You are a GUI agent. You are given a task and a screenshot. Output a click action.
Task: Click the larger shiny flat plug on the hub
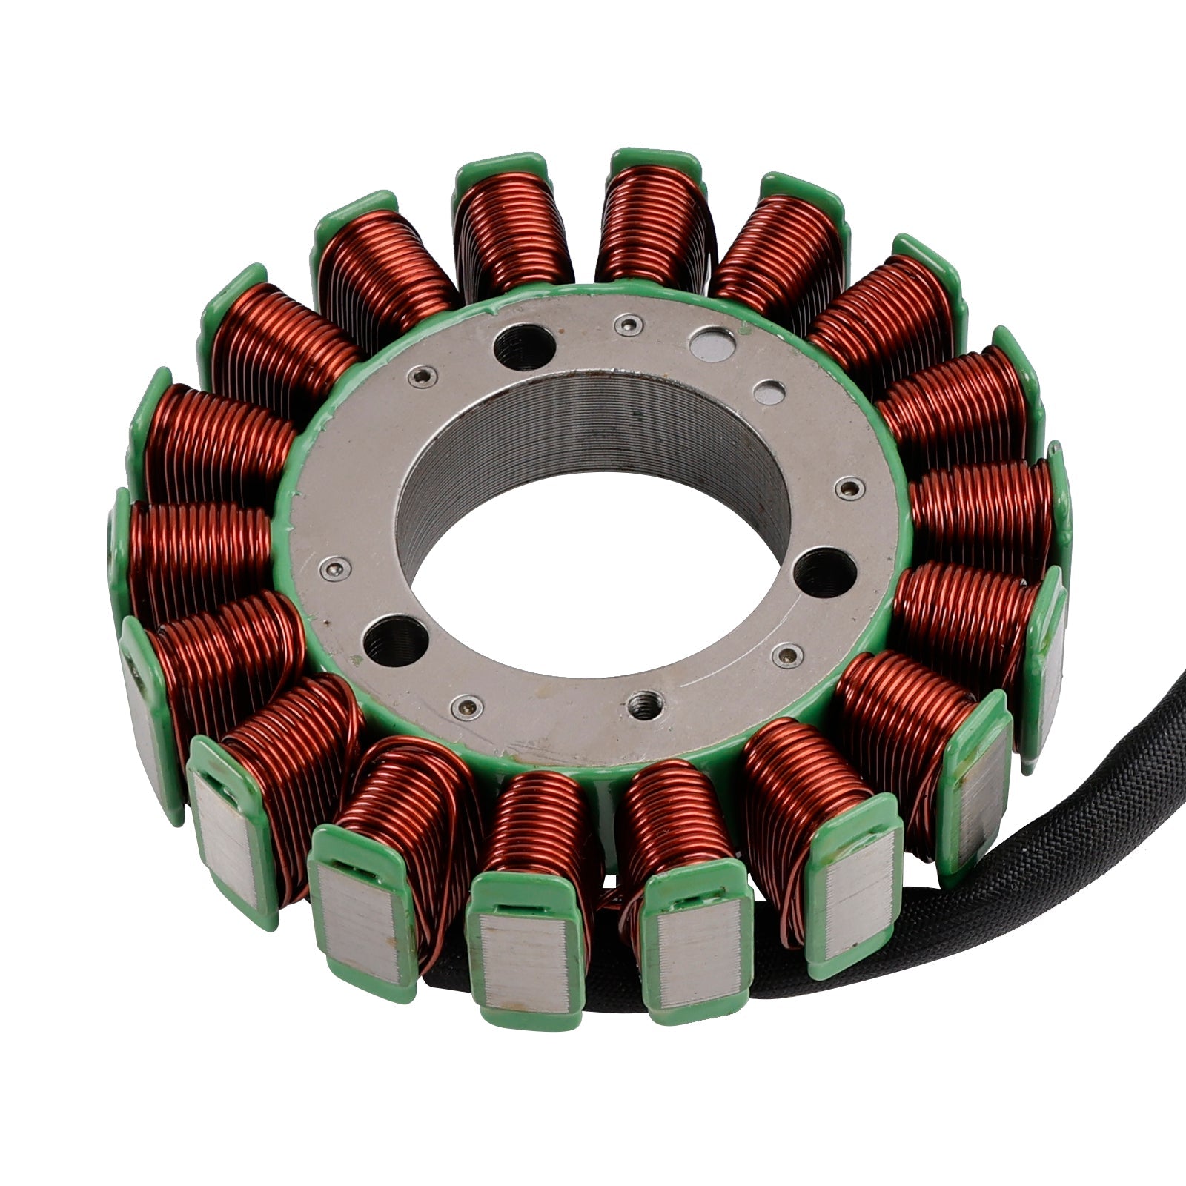coord(712,342)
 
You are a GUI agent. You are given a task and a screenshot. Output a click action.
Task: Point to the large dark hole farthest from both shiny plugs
coord(396,637)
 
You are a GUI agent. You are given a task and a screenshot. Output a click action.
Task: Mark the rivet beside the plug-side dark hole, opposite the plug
coord(423,377)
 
